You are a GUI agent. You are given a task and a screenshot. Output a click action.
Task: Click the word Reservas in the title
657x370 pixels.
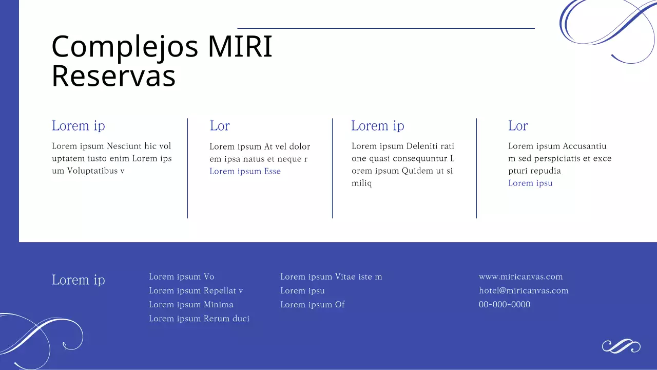(x=113, y=76)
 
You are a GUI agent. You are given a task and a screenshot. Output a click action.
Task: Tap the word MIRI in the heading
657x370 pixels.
(x=240, y=46)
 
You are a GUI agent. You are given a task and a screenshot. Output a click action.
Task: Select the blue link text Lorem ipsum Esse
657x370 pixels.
(x=245, y=171)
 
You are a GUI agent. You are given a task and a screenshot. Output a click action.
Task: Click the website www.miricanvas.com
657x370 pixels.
(x=520, y=276)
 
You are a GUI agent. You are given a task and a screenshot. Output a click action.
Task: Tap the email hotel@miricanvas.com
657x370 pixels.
(x=524, y=290)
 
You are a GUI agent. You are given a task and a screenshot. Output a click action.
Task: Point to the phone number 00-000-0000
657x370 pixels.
(x=504, y=304)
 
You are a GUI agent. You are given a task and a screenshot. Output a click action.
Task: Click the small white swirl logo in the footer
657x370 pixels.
(x=621, y=346)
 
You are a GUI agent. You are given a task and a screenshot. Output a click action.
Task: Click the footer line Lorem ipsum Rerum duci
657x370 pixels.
(x=199, y=319)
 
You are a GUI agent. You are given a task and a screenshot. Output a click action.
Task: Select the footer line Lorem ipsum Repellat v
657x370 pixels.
(x=196, y=290)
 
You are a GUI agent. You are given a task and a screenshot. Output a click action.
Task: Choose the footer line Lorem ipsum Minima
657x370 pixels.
(x=191, y=304)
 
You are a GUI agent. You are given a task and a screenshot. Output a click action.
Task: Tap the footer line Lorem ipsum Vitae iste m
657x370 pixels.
(x=331, y=276)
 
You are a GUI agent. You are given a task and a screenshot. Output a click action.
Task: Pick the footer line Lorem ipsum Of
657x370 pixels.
(x=312, y=304)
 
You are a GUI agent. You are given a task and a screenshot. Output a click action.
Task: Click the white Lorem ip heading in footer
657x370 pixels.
(x=78, y=280)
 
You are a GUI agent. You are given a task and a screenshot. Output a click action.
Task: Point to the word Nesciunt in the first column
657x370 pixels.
(x=124, y=146)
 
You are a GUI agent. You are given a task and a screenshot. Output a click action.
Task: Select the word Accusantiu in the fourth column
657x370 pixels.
(x=585, y=146)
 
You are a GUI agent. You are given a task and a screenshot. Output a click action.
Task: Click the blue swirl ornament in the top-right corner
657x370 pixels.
(x=606, y=26)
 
